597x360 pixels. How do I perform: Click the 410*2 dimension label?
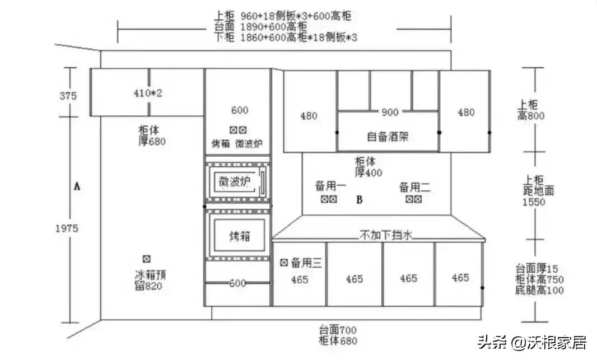point(148,93)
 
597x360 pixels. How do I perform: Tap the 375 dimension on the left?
point(68,96)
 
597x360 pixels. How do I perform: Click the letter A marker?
point(77,186)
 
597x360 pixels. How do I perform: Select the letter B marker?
point(360,199)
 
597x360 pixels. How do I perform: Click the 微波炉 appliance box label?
point(234,181)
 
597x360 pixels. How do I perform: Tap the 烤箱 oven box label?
point(240,236)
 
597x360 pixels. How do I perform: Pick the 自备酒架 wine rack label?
point(388,136)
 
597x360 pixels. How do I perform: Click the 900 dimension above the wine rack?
point(390,113)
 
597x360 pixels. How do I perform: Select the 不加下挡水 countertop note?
point(386,236)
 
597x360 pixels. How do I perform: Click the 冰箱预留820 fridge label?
point(150,280)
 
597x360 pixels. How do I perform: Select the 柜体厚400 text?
point(368,167)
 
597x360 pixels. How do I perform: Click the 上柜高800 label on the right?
point(531,110)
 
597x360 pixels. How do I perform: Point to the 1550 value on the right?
point(534,202)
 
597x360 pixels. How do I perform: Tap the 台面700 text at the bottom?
point(338,330)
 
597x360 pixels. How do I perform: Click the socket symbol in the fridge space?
point(147,259)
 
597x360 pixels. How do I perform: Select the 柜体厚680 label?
point(152,136)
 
